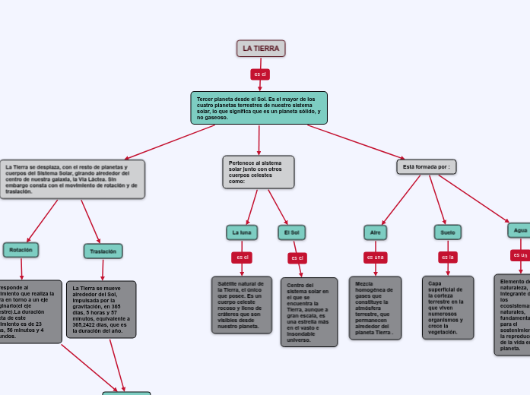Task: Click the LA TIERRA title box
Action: click(261, 49)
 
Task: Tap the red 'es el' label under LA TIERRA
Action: click(260, 74)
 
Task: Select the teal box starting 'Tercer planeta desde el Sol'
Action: click(259, 108)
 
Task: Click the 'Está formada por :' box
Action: click(427, 166)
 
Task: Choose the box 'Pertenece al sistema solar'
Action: click(259, 172)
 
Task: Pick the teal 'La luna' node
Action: click(242, 232)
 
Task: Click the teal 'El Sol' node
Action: click(292, 232)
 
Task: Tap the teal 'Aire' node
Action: click(374, 232)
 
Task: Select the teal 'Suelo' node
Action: click(448, 232)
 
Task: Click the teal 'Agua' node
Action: click(519, 230)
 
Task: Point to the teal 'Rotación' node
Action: click(21, 250)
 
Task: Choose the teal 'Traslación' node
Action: click(103, 251)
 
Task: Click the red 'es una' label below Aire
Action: click(375, 258)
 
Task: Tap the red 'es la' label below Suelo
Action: click(448, 258)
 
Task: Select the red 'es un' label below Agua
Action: click(520, 255)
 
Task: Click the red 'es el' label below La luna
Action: click(242, 258)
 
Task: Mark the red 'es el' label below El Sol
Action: click(297, 258)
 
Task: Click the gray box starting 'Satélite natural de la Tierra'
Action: click(242, 305)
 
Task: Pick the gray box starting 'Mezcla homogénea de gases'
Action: click(375, 308)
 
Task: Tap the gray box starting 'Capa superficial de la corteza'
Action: click(448, 307)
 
